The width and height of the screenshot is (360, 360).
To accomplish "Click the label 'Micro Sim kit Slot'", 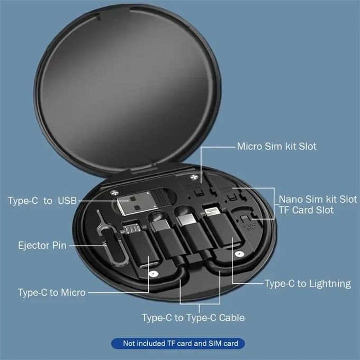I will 276,146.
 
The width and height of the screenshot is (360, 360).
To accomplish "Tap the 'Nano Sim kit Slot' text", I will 318,200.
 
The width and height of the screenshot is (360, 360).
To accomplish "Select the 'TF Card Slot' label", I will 306,211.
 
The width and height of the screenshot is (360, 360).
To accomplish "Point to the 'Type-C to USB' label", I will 42,201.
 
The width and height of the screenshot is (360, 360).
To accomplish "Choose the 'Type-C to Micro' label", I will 51,292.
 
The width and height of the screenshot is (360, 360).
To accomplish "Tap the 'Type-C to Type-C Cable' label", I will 193,318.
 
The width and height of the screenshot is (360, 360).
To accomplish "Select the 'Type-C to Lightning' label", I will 308,284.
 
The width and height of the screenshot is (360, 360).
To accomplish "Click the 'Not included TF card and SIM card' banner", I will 181,344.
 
